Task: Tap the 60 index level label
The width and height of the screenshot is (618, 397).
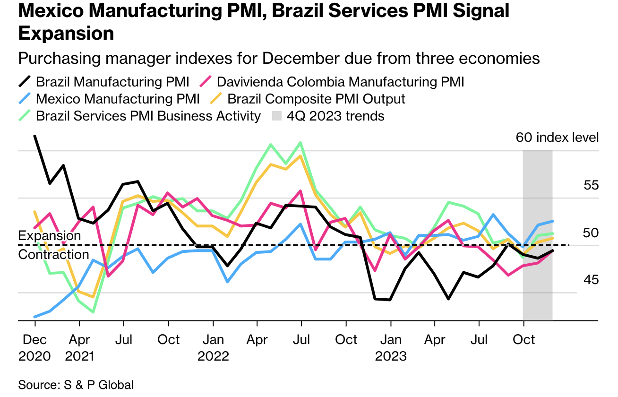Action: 557,138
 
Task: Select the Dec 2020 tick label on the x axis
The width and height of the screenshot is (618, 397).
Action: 34,347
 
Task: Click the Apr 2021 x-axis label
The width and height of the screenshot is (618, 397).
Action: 79,347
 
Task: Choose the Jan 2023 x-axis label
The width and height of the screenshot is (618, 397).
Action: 391,347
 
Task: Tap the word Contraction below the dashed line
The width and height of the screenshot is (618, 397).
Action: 53,255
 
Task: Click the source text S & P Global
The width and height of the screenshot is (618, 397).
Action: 76,385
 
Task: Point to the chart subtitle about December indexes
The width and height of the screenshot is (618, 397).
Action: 279,59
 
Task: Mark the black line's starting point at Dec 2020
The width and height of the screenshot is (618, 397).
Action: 34,136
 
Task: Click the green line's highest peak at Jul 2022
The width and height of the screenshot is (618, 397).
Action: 300,142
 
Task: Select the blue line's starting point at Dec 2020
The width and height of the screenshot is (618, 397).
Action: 34,317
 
